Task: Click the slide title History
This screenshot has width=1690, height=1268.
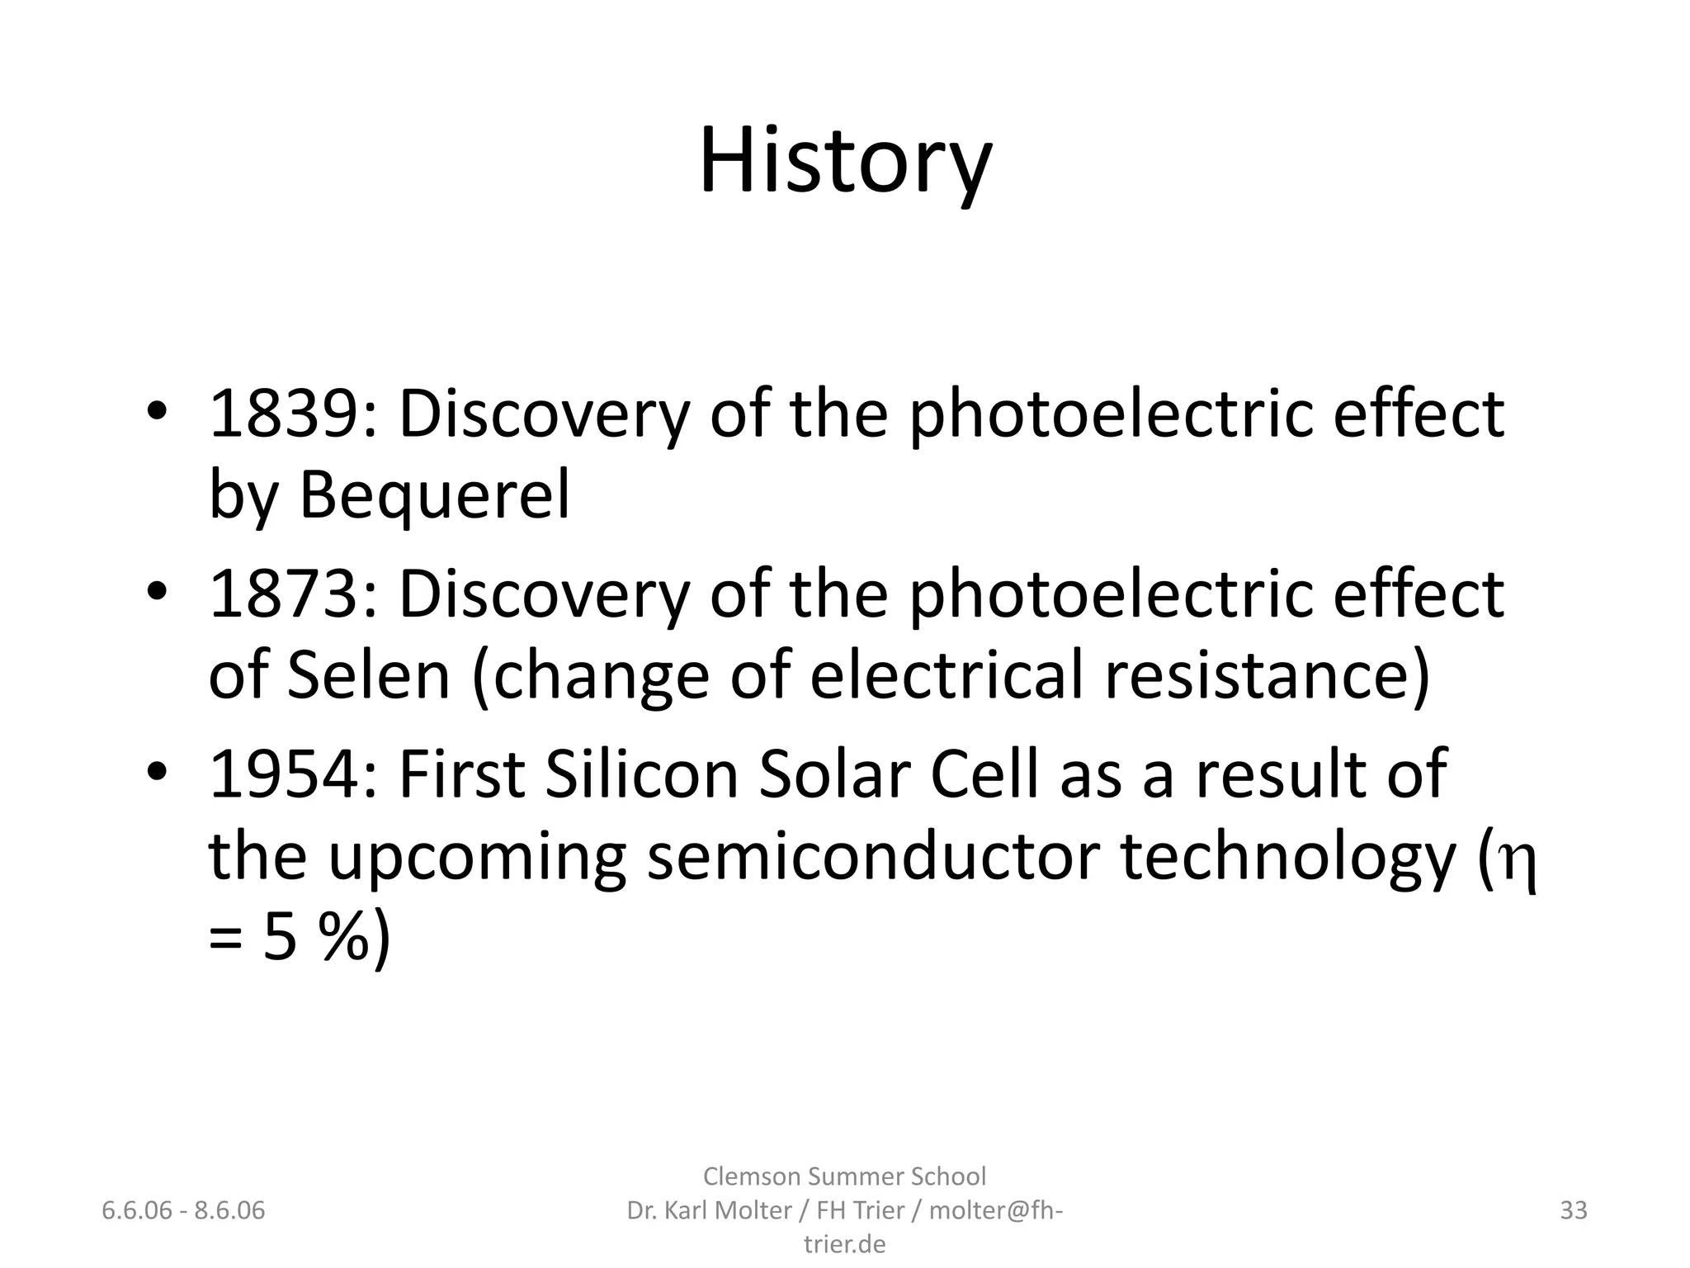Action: coord(845,160)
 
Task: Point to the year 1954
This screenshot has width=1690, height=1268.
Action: coord(285,774)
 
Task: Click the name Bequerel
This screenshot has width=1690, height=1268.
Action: coord(434,495)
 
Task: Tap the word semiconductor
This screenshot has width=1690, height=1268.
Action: coord(873,856)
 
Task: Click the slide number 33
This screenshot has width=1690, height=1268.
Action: coord(1574,1210)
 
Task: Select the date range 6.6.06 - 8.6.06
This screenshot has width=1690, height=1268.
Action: coord(183,1210)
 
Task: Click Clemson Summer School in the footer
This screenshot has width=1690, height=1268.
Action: coord(844,1176)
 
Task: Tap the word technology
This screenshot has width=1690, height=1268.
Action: coord(1288,856)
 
